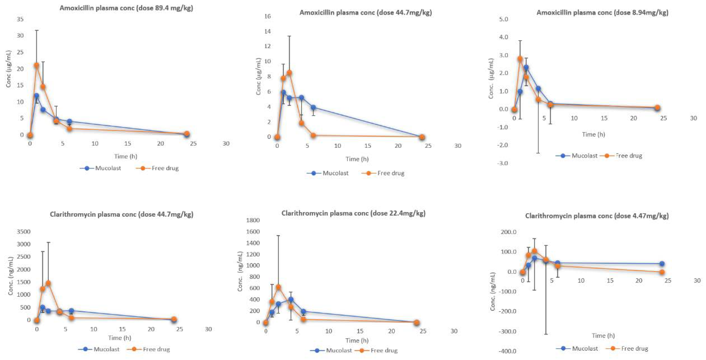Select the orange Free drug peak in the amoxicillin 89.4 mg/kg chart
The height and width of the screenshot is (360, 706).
[x=36, y=65]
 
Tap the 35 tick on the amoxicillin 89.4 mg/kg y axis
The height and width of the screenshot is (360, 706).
[x=20, y=19]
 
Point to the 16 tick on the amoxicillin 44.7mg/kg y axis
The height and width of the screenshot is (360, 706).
[x=267, y=16]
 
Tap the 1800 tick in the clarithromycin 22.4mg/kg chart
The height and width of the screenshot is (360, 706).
[x=253, y=220]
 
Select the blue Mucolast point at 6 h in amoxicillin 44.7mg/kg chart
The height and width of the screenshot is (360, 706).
[x=313, y=107]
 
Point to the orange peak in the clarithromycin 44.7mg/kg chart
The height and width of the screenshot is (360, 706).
[x=48, y=283]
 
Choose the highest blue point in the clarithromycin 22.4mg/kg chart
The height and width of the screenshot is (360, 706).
[x=291, y=299]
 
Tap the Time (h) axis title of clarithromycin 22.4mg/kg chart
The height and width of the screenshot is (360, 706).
[x=357, y=341]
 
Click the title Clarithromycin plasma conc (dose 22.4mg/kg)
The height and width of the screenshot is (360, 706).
[x=353, y=213]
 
